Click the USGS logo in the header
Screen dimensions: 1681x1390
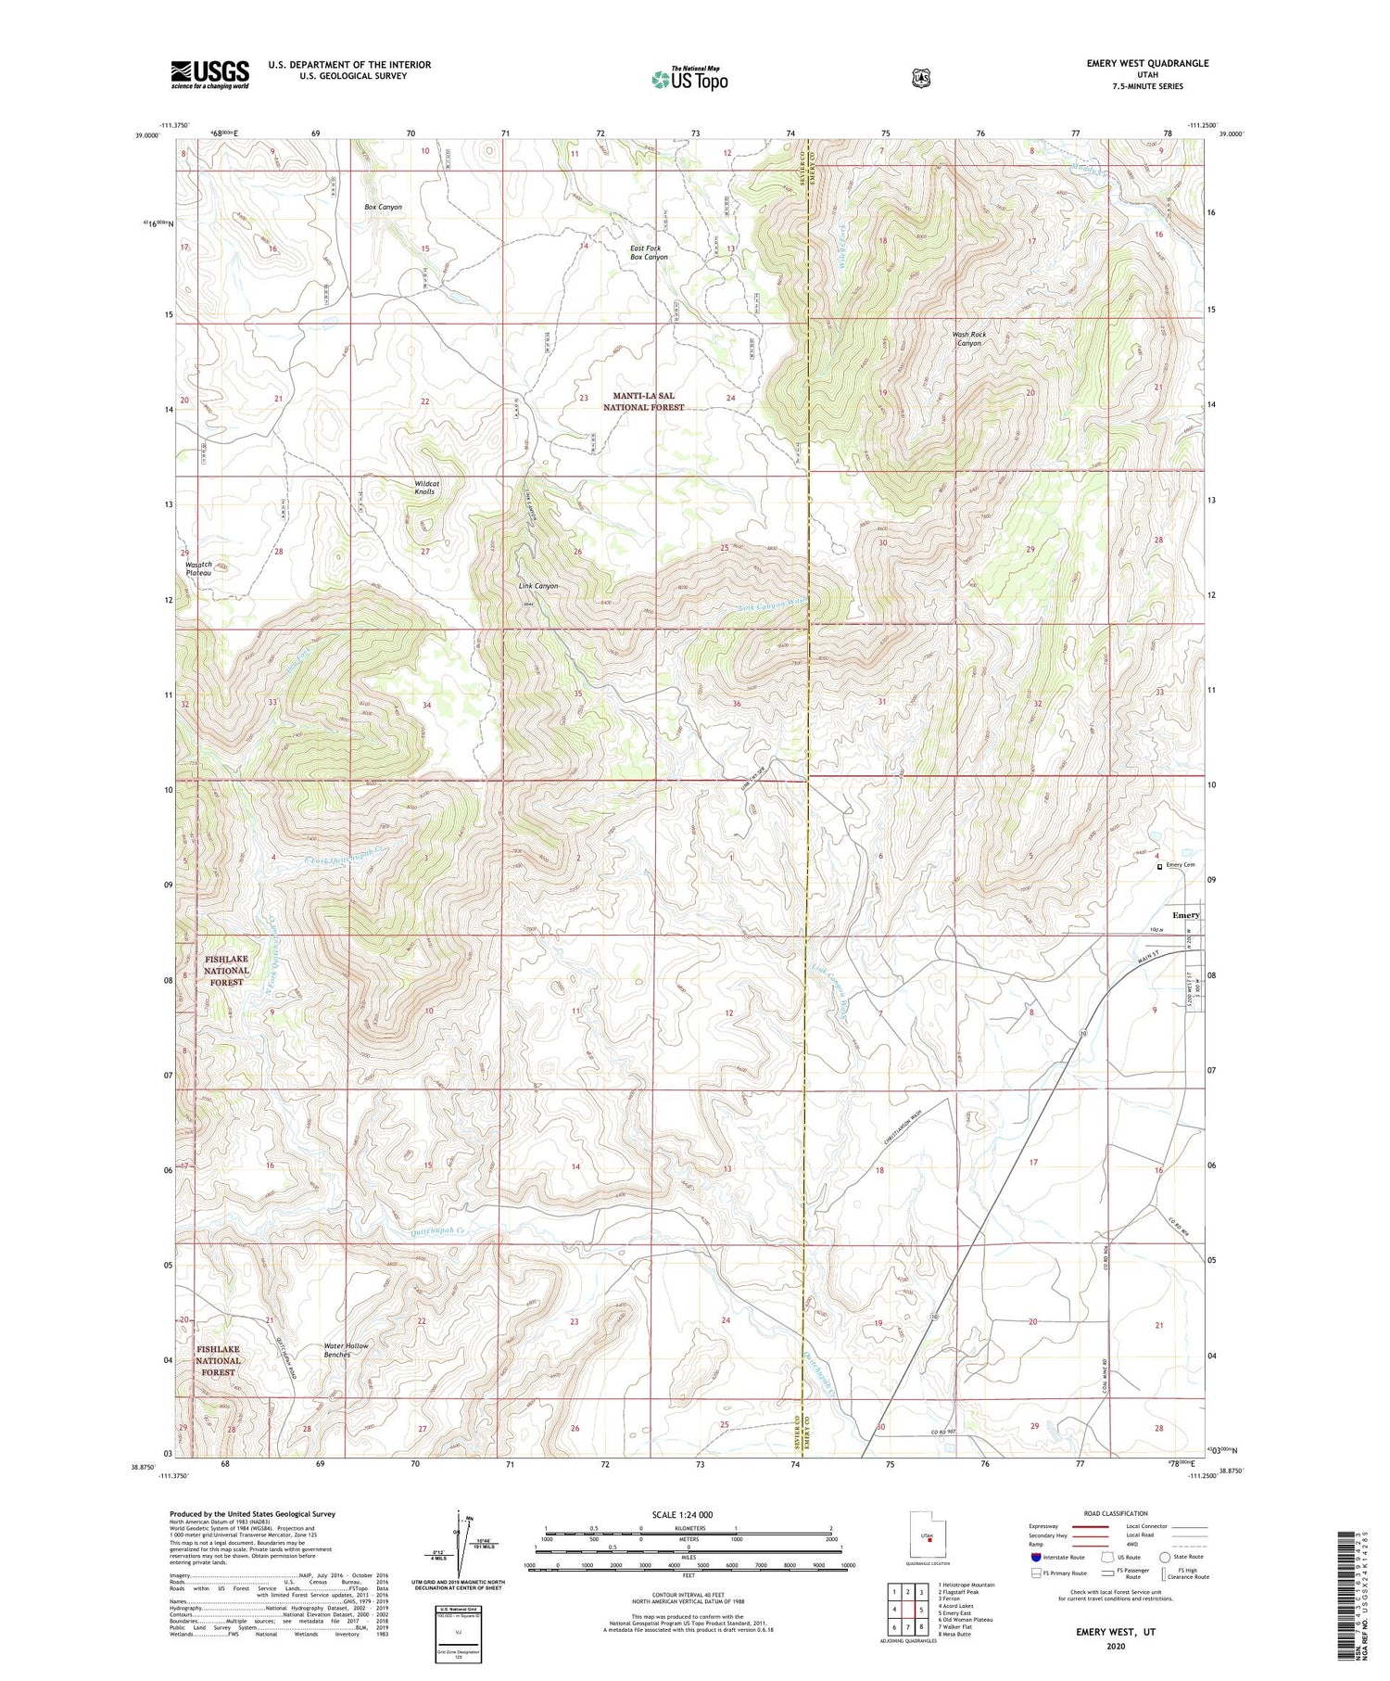pos(209,74)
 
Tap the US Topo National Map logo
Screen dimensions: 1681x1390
pos(689,79)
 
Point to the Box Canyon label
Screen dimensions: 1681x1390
pos(383,207)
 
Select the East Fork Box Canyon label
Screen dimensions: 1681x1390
pos(649,252)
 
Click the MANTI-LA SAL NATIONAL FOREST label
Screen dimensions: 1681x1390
pos(644,401)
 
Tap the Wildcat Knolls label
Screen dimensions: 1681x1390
pos(425,488)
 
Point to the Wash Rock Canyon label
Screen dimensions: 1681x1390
pos(968,338)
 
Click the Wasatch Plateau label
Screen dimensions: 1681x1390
pos(198,568)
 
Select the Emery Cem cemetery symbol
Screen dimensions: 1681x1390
pos(1159,867)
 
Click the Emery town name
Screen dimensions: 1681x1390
pos(1185,914)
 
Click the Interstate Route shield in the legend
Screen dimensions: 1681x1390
pos(1035,1557)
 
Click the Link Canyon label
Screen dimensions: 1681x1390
pos(538,586)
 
